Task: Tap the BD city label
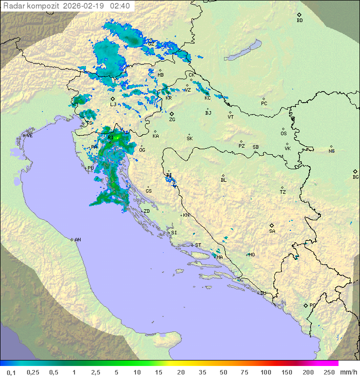(299, 21)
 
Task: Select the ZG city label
(172, 120)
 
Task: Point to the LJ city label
(113, 104)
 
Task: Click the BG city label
(355, 177)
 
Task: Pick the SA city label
(272, 231)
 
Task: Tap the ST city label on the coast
(198, 245)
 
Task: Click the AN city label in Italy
(77, 240)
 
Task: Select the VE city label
(29, 136)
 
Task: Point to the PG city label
(312, 305)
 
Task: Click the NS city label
(331, 151)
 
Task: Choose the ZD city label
(146, 211)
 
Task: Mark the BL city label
(223, 180)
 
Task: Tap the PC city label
(264, 104)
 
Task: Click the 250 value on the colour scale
(328, 372)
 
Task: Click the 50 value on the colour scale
(222, 372)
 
